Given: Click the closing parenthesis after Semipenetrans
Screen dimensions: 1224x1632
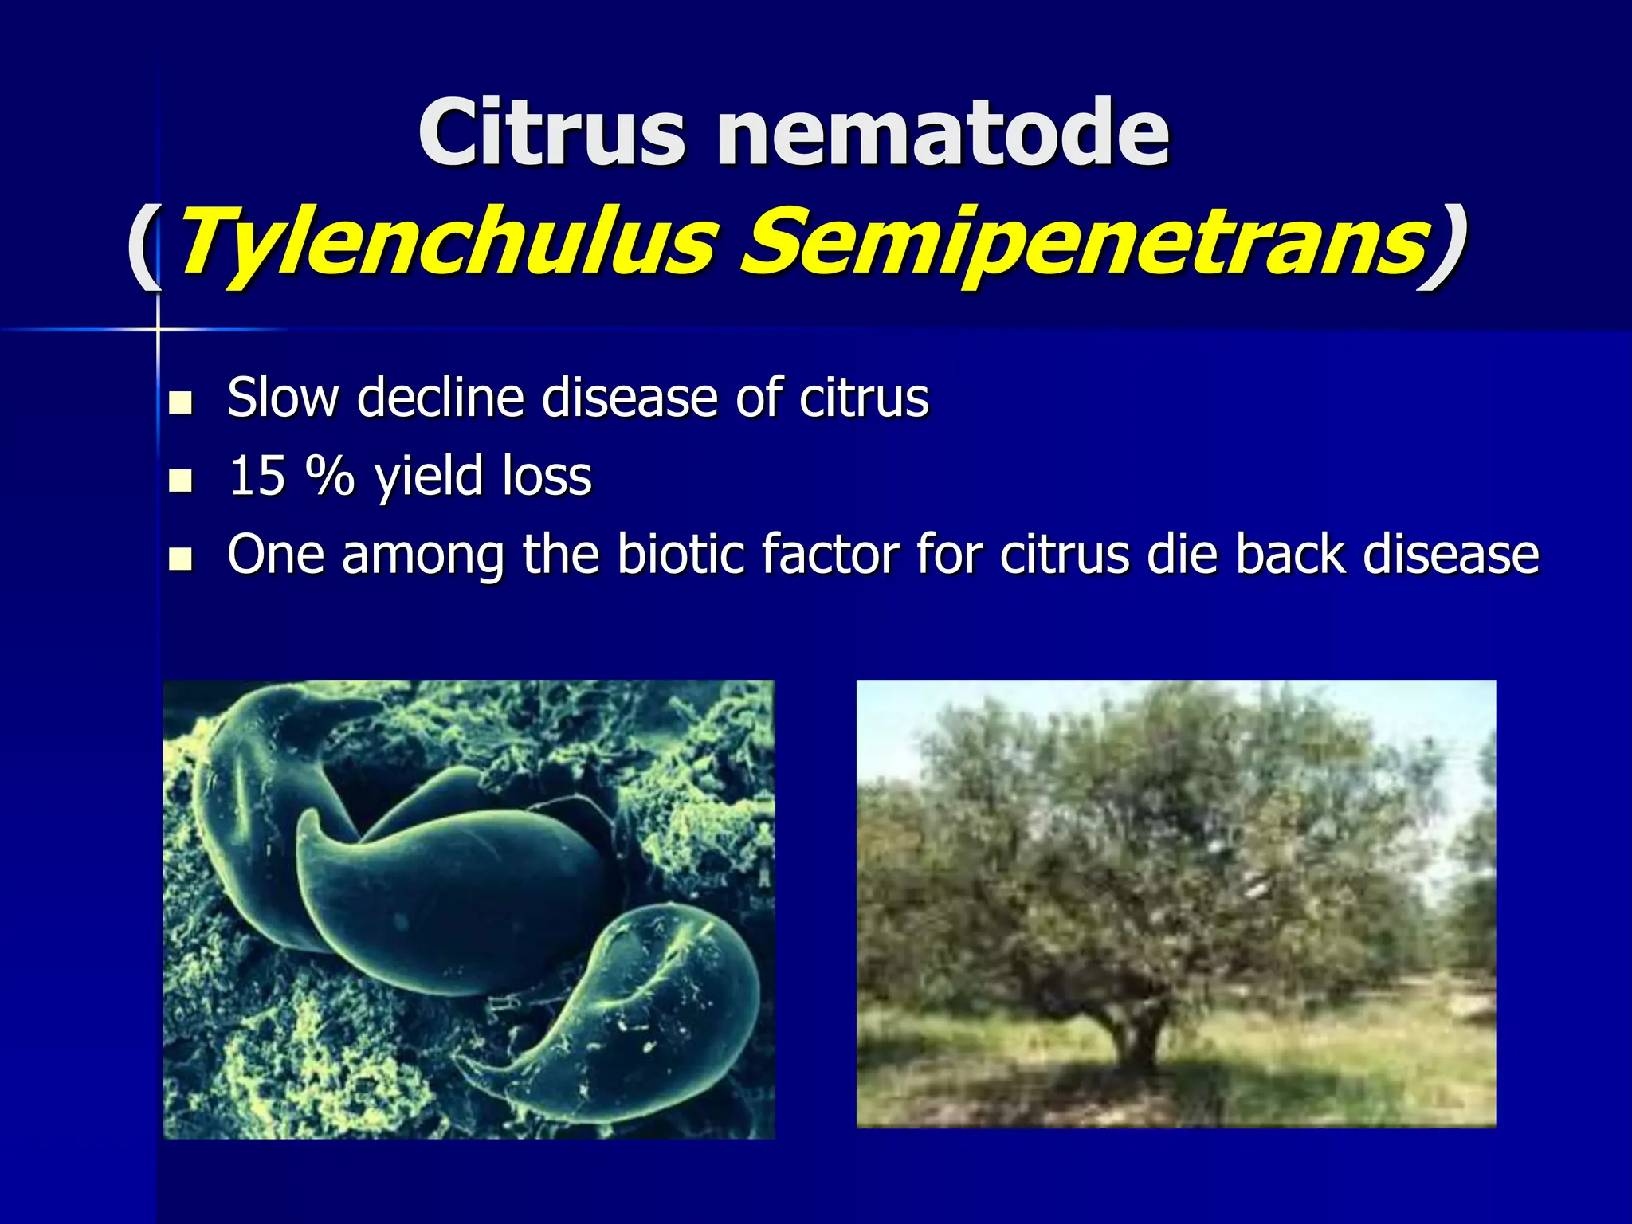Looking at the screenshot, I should (1444, 243).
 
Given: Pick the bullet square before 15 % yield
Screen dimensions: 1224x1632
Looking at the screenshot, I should (182, 481).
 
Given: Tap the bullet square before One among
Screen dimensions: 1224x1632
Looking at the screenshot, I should (182, 559).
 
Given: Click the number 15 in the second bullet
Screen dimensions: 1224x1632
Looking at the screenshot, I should (257, 477).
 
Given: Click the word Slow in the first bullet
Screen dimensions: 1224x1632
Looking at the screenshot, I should (283, 397).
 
